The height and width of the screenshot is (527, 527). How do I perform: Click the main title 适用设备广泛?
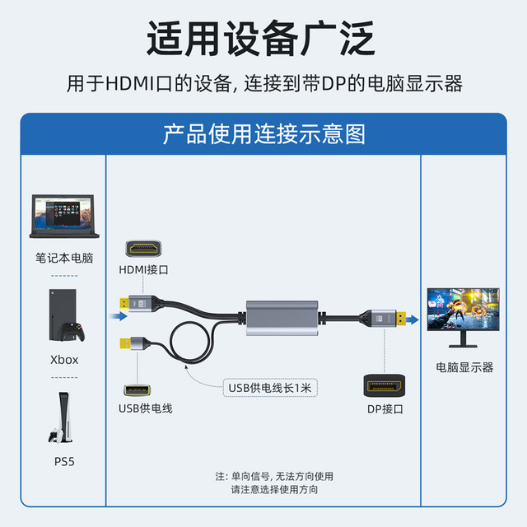pos(262,39)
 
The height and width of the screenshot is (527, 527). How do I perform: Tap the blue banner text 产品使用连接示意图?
pos(263,133)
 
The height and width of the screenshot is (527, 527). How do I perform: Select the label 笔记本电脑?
pos(64,258)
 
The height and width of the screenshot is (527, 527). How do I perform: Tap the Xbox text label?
pos(64,359)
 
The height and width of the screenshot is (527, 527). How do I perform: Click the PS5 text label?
pos(64,461)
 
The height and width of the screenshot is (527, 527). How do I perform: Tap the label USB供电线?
pos(146,408)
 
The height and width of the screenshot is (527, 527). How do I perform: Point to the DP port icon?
pos(383,386)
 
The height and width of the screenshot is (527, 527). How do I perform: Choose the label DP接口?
pos(384,408)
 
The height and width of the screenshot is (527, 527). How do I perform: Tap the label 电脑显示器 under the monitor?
pos(464,367)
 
